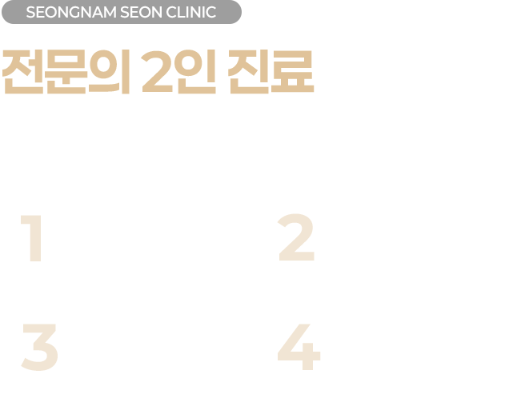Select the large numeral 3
(x=40, y=347)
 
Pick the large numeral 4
(x=299, y=347)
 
